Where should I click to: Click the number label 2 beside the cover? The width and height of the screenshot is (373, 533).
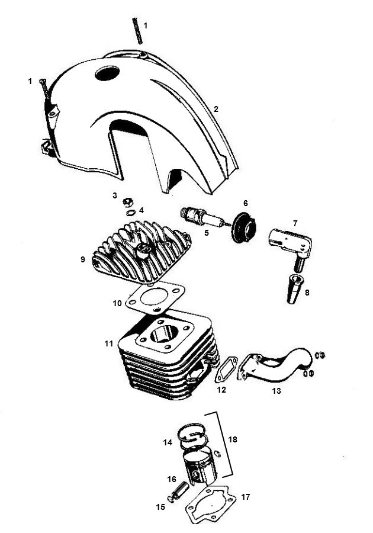216,109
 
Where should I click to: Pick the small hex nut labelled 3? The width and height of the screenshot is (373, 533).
127,202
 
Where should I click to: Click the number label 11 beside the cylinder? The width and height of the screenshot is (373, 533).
108,343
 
